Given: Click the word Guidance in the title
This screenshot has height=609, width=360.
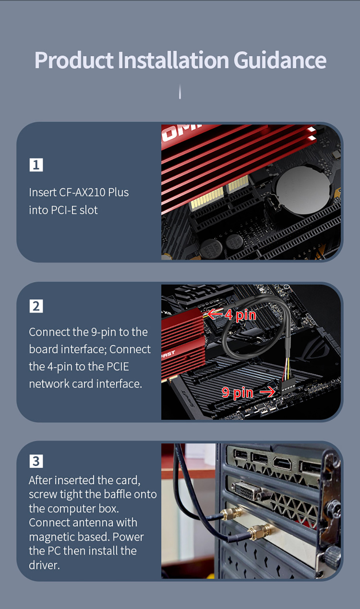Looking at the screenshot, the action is tap(280, 60).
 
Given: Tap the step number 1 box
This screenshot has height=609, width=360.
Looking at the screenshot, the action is tap(36, 165).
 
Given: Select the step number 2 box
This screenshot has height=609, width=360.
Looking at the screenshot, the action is tap(36, 306).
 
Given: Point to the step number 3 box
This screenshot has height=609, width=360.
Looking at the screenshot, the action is tap(36, 461).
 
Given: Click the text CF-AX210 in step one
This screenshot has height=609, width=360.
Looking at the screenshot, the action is tap(83, 192).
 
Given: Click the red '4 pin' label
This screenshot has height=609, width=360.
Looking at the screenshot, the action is tap(240, 315).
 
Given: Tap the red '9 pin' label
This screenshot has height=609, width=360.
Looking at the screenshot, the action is tap(237, 393).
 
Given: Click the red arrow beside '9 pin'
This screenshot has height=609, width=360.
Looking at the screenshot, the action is tap(267, 392).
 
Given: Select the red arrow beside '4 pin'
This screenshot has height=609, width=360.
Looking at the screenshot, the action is tap(215, 314).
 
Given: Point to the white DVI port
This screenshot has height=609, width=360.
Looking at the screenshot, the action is tap(247, 491).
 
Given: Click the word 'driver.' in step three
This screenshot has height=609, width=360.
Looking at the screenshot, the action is tap(44, 565).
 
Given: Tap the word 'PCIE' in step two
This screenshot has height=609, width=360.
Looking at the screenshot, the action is tap(117, 366).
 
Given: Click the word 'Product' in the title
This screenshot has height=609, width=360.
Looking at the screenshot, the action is tap(74, 60).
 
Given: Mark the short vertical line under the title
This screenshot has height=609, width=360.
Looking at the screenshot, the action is tap(180, 92).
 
